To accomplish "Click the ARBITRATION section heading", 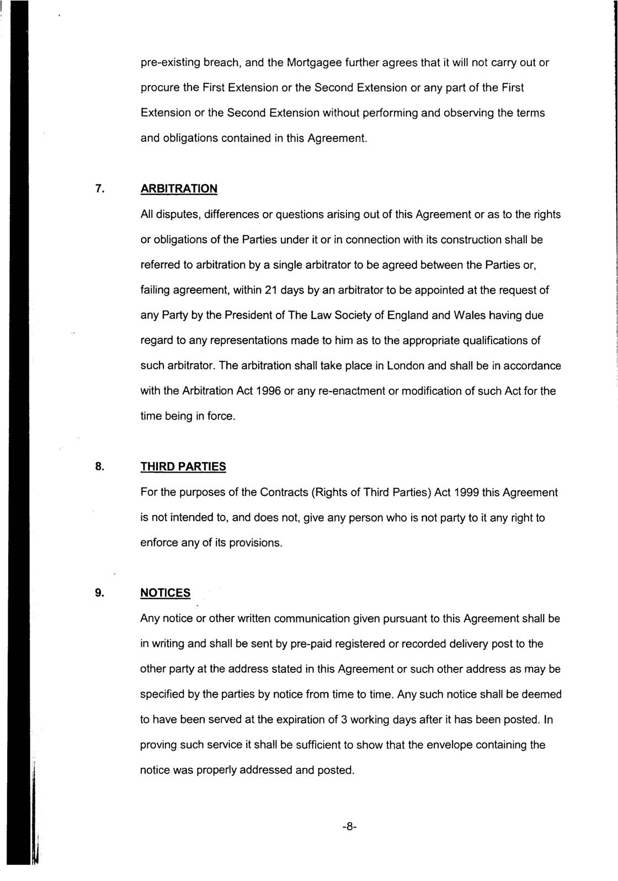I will tap(179, 189).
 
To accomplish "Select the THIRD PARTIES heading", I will tap(183, 467).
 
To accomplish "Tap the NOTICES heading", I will tap(165, 593).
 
